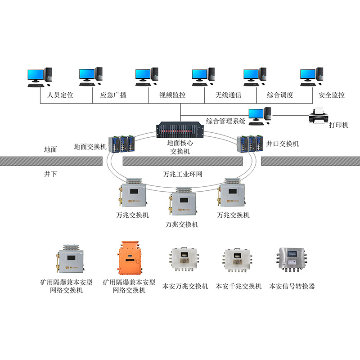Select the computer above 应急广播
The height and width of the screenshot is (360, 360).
91,76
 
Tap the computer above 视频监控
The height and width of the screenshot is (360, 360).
147,76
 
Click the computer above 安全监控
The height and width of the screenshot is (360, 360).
312,76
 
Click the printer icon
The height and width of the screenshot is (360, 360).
319,115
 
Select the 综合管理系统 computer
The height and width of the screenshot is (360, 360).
260,116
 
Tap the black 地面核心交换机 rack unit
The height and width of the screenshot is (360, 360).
180,130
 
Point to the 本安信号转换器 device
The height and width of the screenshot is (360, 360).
291,260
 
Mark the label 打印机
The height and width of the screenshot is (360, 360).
338,125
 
